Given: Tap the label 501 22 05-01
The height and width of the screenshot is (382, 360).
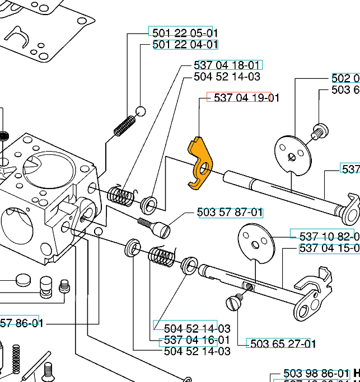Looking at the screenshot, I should coord(185,32).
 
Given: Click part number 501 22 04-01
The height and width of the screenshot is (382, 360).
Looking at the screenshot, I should coord(185,44).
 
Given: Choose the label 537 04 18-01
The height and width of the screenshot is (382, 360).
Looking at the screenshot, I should coord(227,65).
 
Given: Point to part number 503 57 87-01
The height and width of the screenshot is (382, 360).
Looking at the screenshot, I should coord(230,213).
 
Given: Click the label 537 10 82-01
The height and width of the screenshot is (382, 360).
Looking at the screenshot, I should coord(324,236).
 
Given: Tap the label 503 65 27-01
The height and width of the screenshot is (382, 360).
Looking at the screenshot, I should coord(281,343).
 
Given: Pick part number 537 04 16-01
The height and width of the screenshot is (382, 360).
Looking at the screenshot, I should coord(197,340).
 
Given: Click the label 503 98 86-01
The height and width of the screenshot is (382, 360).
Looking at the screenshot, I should coord(316,373).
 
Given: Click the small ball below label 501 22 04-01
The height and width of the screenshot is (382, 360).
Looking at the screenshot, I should coord(141,111).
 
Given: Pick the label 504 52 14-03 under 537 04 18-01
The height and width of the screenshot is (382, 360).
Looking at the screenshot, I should coord(227,77).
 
